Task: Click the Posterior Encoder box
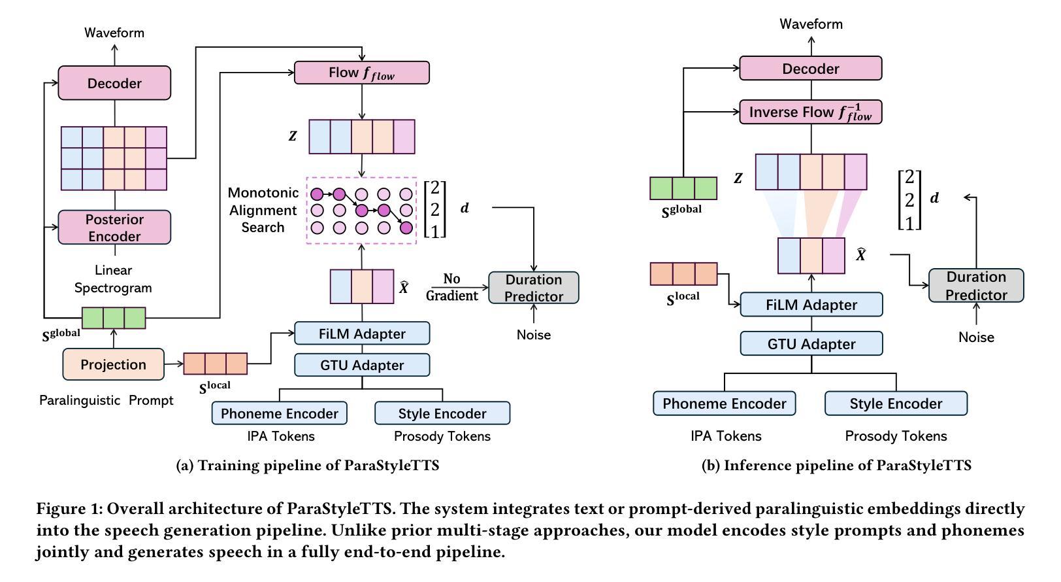pos(114,228)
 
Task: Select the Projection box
pos(113,364)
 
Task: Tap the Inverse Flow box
pos(810,112)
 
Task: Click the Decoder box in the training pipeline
pos(114,83)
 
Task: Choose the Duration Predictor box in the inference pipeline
pos(975,286)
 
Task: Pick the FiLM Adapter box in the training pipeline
pos(362,334)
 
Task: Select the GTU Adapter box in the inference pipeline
pos(811,344)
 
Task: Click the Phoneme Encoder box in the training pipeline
pos(279,413)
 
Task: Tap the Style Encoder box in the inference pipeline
pos(896,403)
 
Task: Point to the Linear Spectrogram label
pos(113,279)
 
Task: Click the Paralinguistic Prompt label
pos(106,400)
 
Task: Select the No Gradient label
pos(451,287)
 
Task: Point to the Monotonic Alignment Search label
pos(263,210)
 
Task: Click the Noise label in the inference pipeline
pos(975,337)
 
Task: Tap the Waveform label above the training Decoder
pos(114,33)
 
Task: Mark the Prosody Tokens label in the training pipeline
pos(442,436)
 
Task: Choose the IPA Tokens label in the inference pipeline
pos(725,436)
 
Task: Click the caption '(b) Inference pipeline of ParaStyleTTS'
pos(836,466)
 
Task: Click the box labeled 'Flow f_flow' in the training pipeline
pos(361,73)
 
